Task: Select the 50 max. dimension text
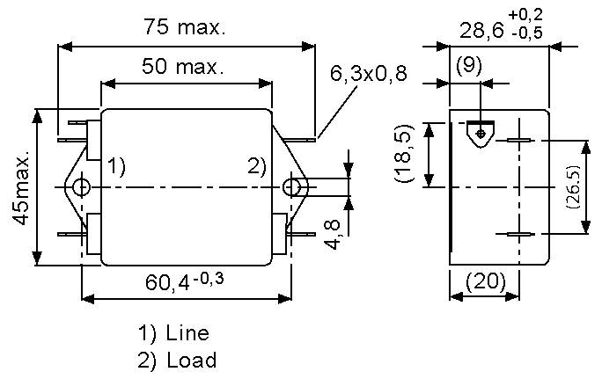pos(181,66)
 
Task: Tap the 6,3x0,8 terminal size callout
pos(369,74)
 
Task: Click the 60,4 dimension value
pos(173,284)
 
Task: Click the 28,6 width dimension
pos(483,32)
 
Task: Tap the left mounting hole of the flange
pos(81,186)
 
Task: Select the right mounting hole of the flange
pos(290,186)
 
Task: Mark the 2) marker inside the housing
pos(256,165)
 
